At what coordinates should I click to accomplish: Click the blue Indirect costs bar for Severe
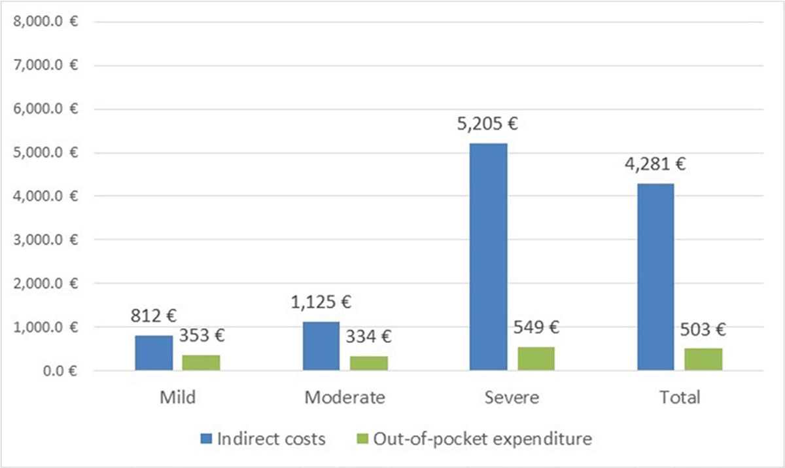coord(488,257)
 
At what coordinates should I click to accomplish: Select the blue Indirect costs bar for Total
coord(655,277)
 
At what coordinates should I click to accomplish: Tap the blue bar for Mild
coord(154,353)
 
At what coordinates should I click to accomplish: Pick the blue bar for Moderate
coord(321,346)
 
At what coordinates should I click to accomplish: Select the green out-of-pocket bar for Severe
coord(536,359)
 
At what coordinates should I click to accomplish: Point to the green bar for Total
coord(703,359)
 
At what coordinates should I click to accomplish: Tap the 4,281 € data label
coord(655,164)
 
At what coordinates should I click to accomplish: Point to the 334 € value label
coord(369,338)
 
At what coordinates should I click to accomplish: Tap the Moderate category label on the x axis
coord(345,397)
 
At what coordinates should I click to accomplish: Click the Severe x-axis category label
coord(512,397)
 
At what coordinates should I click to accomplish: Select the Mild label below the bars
coord(178,397)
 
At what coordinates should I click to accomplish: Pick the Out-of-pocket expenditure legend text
coord(482,439)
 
